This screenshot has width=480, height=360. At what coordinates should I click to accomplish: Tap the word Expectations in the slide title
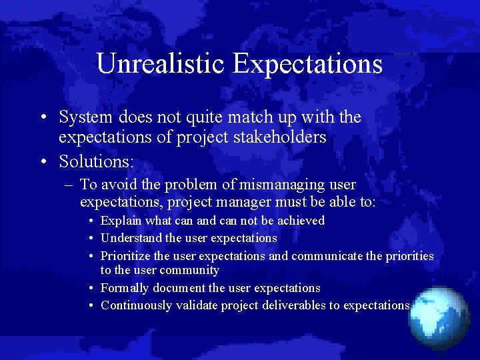click(307, 64)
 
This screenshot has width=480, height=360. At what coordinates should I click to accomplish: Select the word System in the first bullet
click(86, 117)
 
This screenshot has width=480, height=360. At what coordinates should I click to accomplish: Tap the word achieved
click(301, 221)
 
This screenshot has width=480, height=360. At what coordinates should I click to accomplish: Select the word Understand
click(131, 238)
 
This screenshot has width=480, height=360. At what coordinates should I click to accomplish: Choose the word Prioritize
click(125, 256)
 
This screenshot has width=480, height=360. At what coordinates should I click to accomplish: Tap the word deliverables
click(291, 305)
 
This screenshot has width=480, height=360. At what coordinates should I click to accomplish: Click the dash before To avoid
click(69, 185)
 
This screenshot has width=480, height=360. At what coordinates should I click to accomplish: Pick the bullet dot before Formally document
click(91, 289)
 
